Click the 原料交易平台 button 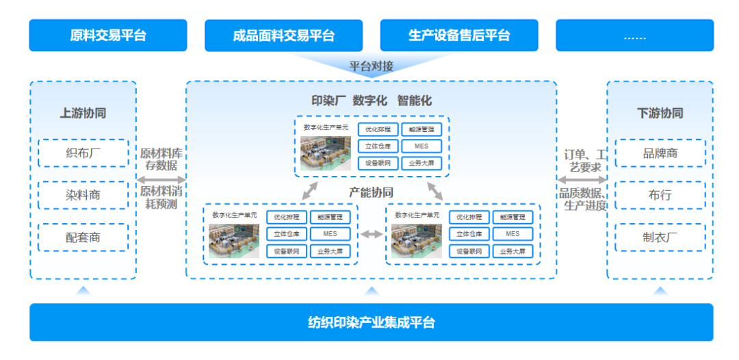pos(107,35)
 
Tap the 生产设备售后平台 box pos(458,36)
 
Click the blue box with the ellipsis pos(634,36)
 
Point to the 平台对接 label pos(371,66)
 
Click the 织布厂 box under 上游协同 pos(83,153)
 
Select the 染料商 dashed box pos(83,195)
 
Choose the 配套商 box pos(83,237)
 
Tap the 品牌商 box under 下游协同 pos(660,153)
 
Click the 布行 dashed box pos(660,195)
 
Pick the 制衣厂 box pos(660,237)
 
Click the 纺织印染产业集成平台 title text pos(371,322)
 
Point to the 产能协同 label pos(371,192)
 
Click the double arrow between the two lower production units pos(372,235)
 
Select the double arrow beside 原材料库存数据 pos(161,180)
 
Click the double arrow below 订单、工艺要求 pos(582,180)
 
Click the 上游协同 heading pos(83,113)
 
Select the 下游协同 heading pos(660,113)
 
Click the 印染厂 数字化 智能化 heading pos(371,101)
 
